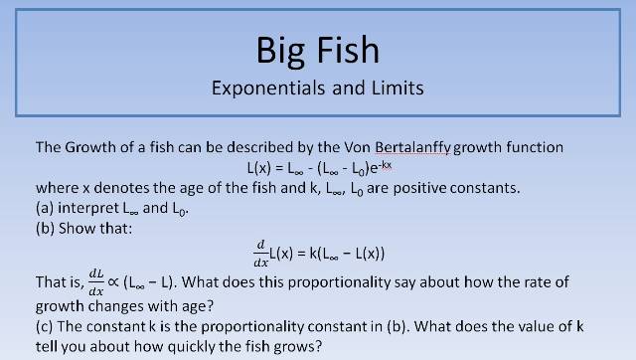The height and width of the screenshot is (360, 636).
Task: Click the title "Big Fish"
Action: [318, 49]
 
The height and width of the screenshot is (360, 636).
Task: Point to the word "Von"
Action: [347, 147]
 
